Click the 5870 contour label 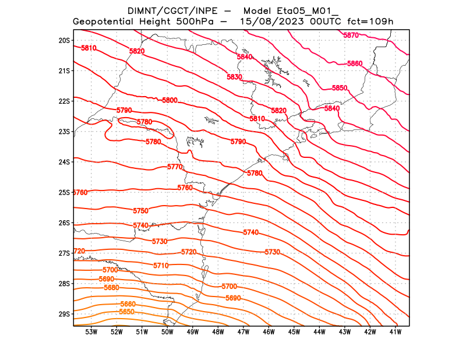(x=351, y=36)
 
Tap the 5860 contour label (x=355, y=63)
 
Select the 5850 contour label (x=340, y=88)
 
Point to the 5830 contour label (x=234, y=77)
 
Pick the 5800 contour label (x=170, y=101)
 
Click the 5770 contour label (x=175, y=167)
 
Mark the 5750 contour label (x=140, y=211)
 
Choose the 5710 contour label (x=161, y=266)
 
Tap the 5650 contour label (x=126, y=312)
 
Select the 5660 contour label (x=128, y=305)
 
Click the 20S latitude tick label (x=64, y=40)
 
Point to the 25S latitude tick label (x=64, y=192)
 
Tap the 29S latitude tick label (x=64, y=314)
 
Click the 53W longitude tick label (x=91, y=332)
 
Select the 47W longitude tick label (x=243, y=332)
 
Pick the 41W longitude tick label (x=396, y=332)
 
